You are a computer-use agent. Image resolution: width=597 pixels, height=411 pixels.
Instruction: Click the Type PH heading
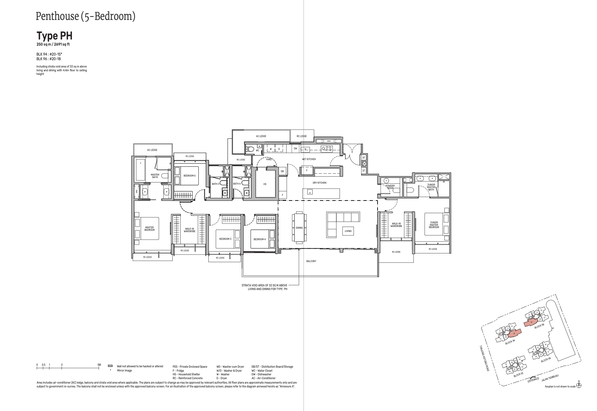[54, 36]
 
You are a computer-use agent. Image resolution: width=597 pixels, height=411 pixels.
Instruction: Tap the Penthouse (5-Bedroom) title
[85, 16]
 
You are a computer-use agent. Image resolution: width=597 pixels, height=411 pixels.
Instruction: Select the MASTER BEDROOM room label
[150, 229]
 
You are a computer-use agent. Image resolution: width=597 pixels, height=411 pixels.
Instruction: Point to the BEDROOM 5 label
[189, 176]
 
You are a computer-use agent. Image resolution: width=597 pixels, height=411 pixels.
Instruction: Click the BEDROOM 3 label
[225, 239]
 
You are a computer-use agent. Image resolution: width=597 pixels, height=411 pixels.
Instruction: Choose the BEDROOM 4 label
[259, 239]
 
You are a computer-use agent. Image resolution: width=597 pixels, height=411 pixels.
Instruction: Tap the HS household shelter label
[265, 184]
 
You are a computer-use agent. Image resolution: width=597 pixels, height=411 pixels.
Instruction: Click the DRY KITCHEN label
[319, 183]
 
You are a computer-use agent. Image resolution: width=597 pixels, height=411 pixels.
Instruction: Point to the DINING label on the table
[299, 228]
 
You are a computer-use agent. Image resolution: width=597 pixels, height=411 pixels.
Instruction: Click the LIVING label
[348, 231]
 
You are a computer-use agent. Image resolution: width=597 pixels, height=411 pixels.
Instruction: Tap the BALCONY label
[311, 261]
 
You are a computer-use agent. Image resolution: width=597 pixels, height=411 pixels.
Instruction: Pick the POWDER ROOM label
[390, 187]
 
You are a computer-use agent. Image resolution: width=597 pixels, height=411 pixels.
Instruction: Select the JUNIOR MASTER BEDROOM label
[434, 225]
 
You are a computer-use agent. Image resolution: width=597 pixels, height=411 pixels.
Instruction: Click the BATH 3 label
[216, 184]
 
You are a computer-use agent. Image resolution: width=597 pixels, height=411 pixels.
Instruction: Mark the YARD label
[269, 159]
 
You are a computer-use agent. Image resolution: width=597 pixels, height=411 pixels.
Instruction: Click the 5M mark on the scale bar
[99, 365]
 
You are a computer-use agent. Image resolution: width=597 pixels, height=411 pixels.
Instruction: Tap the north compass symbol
[579, 385]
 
